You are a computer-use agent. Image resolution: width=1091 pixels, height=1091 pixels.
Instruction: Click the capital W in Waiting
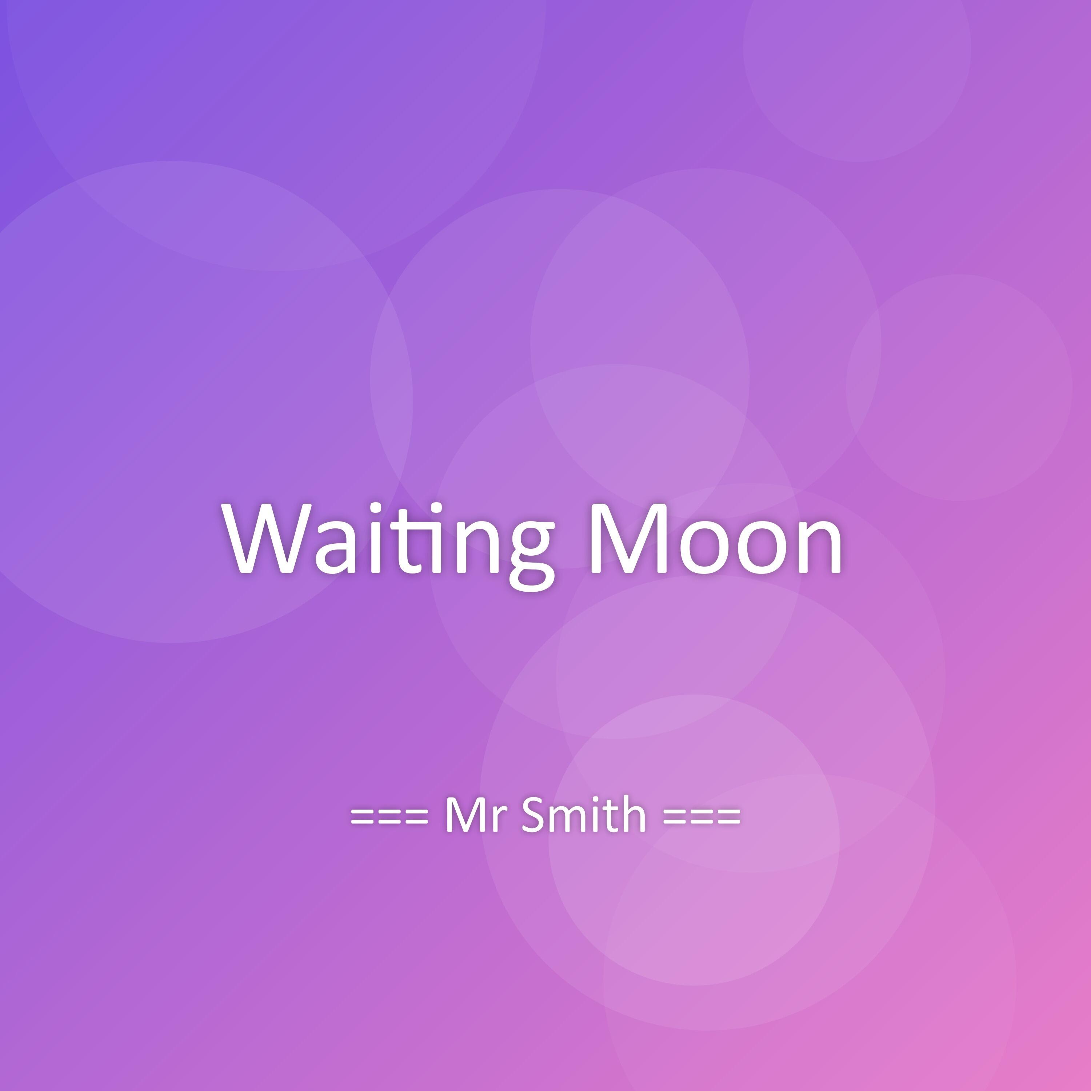tap(265, 537)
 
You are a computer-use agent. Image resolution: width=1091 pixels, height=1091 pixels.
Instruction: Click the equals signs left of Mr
tap(389, 816)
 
